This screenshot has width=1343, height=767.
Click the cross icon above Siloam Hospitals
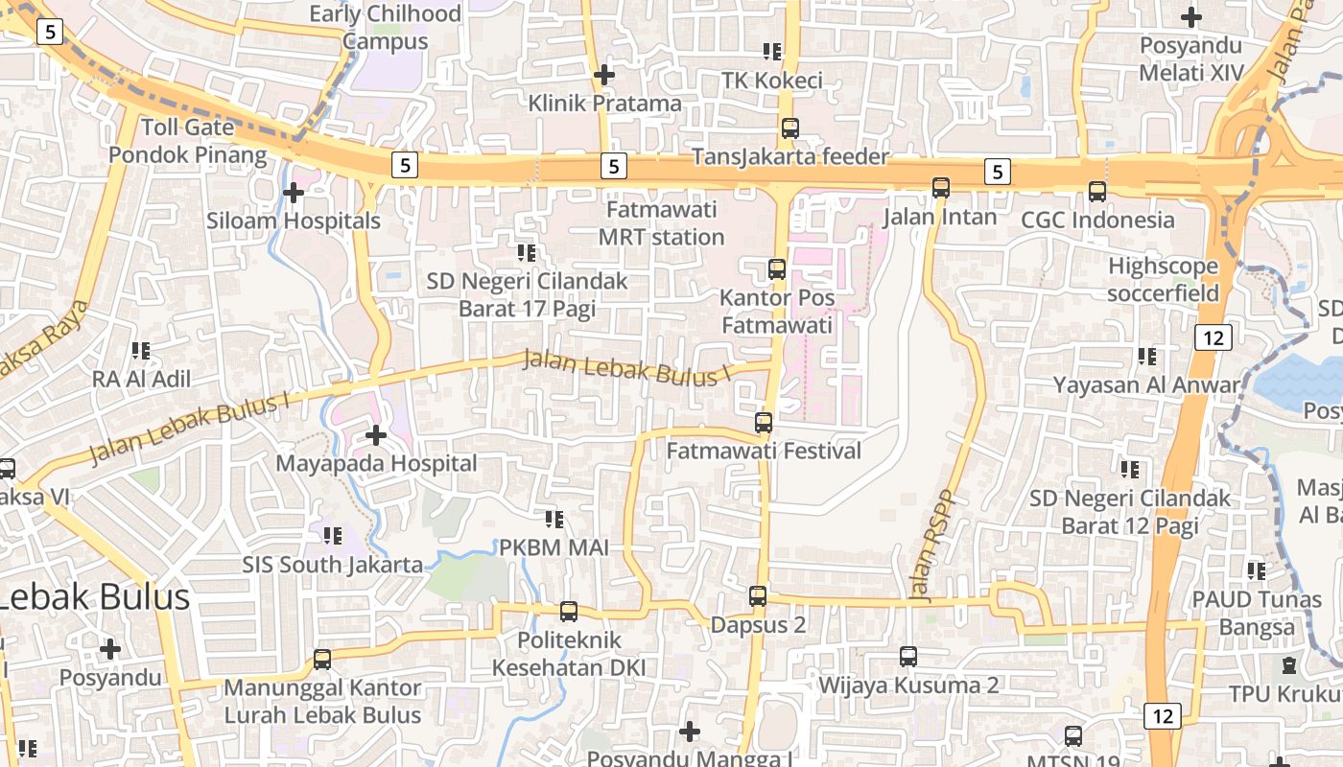coord(294,193)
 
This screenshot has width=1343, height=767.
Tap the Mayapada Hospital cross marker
coord(376,435)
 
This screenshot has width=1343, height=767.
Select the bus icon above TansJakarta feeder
coord(789,128)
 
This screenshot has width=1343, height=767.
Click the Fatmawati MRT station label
coord(662,222)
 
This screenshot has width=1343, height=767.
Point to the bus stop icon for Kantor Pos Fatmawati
coord(777,269)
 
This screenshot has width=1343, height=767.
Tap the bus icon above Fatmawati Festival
coord(764,422)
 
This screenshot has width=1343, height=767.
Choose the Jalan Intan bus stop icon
coord(941,188)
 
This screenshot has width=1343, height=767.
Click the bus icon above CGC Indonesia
coord(1097,192)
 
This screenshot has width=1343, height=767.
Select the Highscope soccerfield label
coord(1163,279)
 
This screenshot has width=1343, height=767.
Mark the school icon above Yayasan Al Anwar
coord(1146,357)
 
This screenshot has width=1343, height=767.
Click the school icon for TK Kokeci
coord(772,51)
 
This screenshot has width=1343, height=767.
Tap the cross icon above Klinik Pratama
coord(604,74)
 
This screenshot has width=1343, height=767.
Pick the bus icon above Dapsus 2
coord(758,596)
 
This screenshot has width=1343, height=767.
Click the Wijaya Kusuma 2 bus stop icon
coord(908,657)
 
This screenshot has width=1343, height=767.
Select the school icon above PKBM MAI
coord(554,520)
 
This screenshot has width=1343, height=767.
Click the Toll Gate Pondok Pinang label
coord(188,141)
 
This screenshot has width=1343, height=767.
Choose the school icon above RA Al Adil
coord(141,351)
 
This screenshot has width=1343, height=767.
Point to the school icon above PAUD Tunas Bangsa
coord(1256,571)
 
